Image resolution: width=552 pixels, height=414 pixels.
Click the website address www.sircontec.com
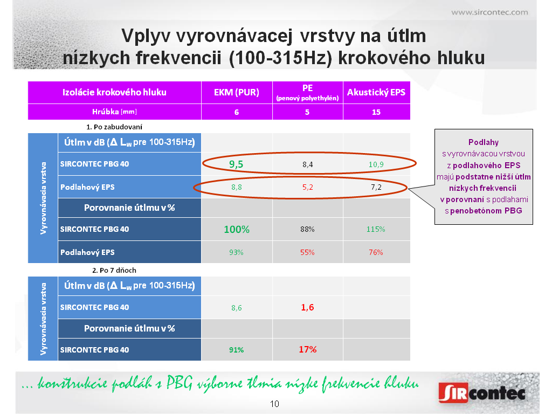point(489,12)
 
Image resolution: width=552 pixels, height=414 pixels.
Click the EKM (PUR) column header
point(237,92)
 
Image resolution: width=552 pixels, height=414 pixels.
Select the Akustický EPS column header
point(376,92)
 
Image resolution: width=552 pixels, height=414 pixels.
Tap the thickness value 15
point(376,112)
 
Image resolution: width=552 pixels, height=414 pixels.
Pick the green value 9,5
point(236,164)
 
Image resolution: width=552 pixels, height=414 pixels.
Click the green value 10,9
point(376,164)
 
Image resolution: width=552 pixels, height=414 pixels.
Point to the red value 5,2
point(307,187)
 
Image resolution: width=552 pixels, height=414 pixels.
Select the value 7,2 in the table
point(376,187)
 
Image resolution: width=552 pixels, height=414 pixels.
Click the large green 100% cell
point(237,230)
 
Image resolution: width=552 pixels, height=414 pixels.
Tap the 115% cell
point(376,229)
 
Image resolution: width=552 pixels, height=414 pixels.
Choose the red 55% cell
point(307,252)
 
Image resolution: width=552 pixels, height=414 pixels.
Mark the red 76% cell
point(376,252)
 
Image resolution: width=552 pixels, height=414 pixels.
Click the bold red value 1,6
point(307,307)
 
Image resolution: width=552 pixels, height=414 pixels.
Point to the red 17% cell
point(308,349)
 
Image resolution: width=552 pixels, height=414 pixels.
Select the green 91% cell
point(236,350)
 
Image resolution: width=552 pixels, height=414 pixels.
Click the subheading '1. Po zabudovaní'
point(114,127)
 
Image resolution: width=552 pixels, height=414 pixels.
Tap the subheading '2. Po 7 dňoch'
point(114,271)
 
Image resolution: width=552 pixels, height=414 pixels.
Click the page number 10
point(274,404)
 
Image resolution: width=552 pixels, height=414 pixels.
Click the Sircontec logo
point(482,392)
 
